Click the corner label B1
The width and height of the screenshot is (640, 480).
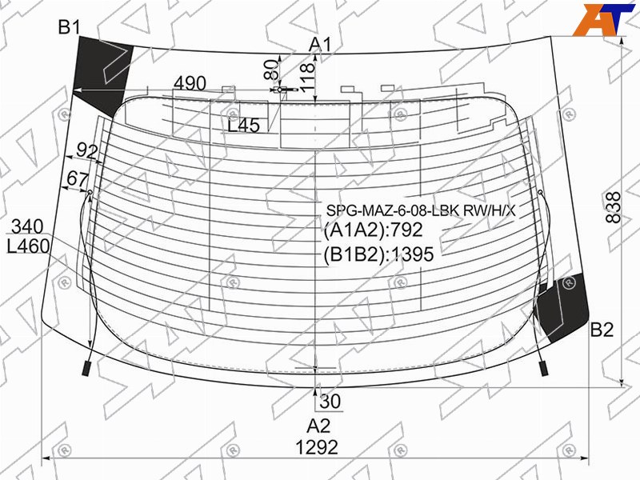tap(70, 27)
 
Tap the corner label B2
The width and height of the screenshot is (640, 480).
tap(602, 330)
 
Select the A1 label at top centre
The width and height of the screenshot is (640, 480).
tap(321, 45)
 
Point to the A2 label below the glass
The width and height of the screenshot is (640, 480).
tap(318, 426)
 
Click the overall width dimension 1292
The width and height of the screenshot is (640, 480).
tap(317, 447)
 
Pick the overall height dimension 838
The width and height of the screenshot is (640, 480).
tap(613, 208)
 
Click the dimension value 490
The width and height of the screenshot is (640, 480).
tap(190, 83)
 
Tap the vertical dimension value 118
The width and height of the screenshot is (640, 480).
tap(308, 78)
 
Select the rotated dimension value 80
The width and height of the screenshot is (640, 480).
tap(271, 70)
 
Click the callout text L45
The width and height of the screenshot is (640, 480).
tap(244, 126)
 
